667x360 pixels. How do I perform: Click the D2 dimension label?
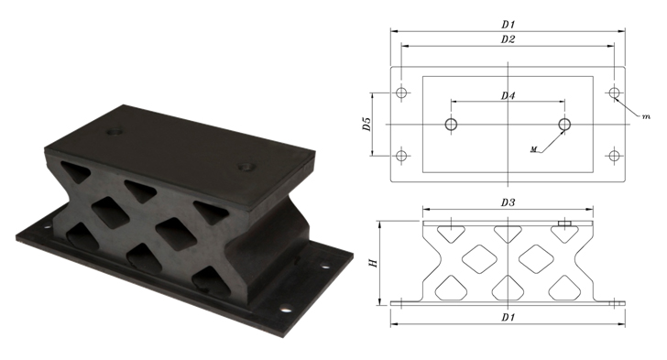tap(508, 39)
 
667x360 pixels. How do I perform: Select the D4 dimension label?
tap(508, 96)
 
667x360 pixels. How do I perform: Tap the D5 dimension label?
tap(367, 124)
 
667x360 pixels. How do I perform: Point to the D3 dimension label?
tap(508, 202)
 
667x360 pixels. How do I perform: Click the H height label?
tap(374, 263)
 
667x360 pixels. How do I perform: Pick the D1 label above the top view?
tap(508, 25)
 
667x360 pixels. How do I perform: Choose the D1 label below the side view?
tap(508, 318)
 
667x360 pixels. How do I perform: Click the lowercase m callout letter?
tap(646, 116)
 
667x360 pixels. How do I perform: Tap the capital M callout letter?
tap(534, 149)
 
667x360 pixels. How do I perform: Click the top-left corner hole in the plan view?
tap(401, 93)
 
